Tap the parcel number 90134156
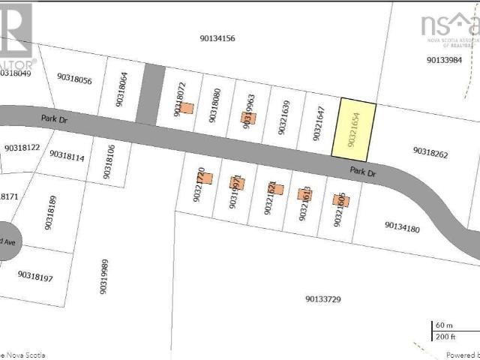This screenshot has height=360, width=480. (217, 37)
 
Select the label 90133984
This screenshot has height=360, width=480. (445, 60)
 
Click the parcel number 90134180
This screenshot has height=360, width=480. (402, 225)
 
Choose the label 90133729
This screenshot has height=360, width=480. (323, 299)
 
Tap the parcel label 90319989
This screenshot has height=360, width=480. (104, 277)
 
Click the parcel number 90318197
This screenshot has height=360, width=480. (35, 277)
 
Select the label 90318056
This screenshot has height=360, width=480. (74, 80)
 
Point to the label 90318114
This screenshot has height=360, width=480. (67, 155)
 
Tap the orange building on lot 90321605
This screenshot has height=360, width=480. (338, 199)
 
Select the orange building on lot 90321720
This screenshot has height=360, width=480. (207, 178)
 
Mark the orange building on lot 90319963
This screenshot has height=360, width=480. (248, 118)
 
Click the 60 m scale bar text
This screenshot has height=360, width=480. (445, 326)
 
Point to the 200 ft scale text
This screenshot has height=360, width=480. (446, 337)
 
